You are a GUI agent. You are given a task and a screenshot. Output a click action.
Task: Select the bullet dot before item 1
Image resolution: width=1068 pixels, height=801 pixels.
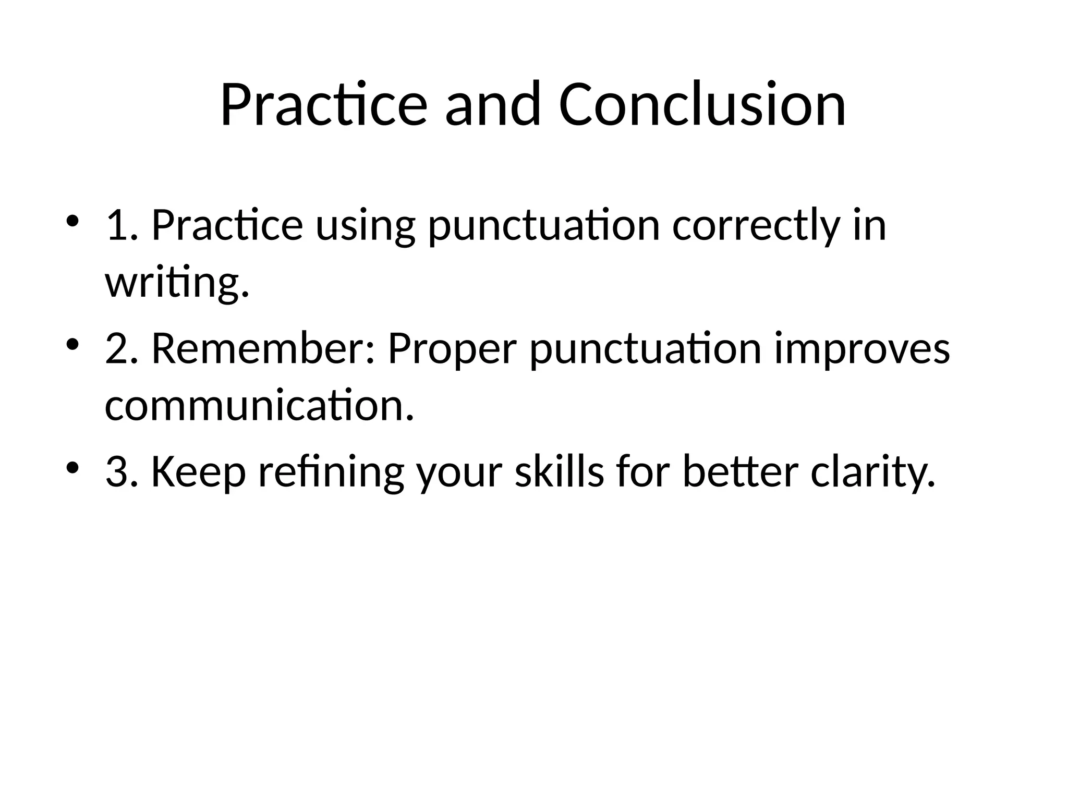click(72, 221)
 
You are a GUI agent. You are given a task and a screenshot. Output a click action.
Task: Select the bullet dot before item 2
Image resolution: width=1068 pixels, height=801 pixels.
click(72, 345)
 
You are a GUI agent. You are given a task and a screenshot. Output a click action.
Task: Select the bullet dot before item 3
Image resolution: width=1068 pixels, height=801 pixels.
click(72, 467)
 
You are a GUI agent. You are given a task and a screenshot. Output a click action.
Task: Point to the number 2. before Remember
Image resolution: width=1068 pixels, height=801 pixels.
click(122, 348)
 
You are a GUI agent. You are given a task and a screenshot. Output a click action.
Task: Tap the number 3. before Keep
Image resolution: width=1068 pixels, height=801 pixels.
click(122, 471)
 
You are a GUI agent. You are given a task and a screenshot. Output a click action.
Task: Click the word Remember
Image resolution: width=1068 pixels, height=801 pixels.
click(263, 348)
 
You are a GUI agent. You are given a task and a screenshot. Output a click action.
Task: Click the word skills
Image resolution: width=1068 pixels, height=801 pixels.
click(559, 471)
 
